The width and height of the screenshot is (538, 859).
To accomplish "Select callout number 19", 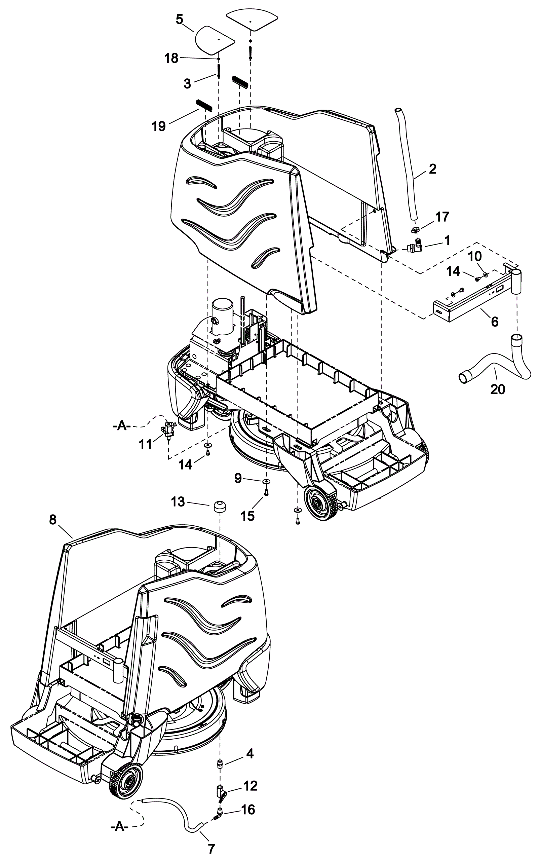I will tap(159, 126).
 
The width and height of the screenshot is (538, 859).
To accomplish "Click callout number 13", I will tap(178, 502).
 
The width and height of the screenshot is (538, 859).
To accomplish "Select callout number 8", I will tap(53, 520).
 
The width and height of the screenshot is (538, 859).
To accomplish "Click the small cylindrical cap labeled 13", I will tap(221, 507).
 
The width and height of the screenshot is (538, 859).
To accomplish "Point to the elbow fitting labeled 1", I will tap(415, 246).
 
